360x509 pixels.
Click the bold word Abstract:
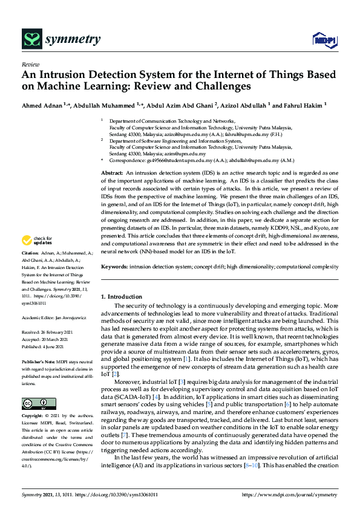(x=113, y=173)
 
